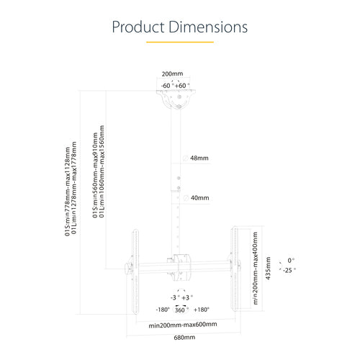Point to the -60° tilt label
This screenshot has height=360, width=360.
(x=167, y=86)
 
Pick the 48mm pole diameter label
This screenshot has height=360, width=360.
(x=199, y=158)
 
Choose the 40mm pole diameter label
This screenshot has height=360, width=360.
(x=199, y=197)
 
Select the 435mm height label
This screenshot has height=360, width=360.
(x=266, y=269)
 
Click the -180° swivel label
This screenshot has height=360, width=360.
(x=163, y=309)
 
